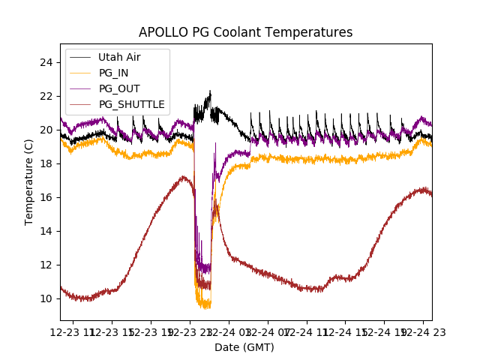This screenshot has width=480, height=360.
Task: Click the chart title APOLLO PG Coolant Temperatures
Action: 245,32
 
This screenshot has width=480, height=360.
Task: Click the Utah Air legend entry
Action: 118,57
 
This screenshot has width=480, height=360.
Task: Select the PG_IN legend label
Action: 113,73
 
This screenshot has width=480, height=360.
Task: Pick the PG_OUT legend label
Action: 117,88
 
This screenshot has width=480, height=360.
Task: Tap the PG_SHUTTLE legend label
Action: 131,104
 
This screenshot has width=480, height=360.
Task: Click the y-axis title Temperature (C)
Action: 29,181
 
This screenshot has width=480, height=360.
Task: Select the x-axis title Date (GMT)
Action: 244,347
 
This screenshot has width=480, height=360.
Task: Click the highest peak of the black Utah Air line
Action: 210,91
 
